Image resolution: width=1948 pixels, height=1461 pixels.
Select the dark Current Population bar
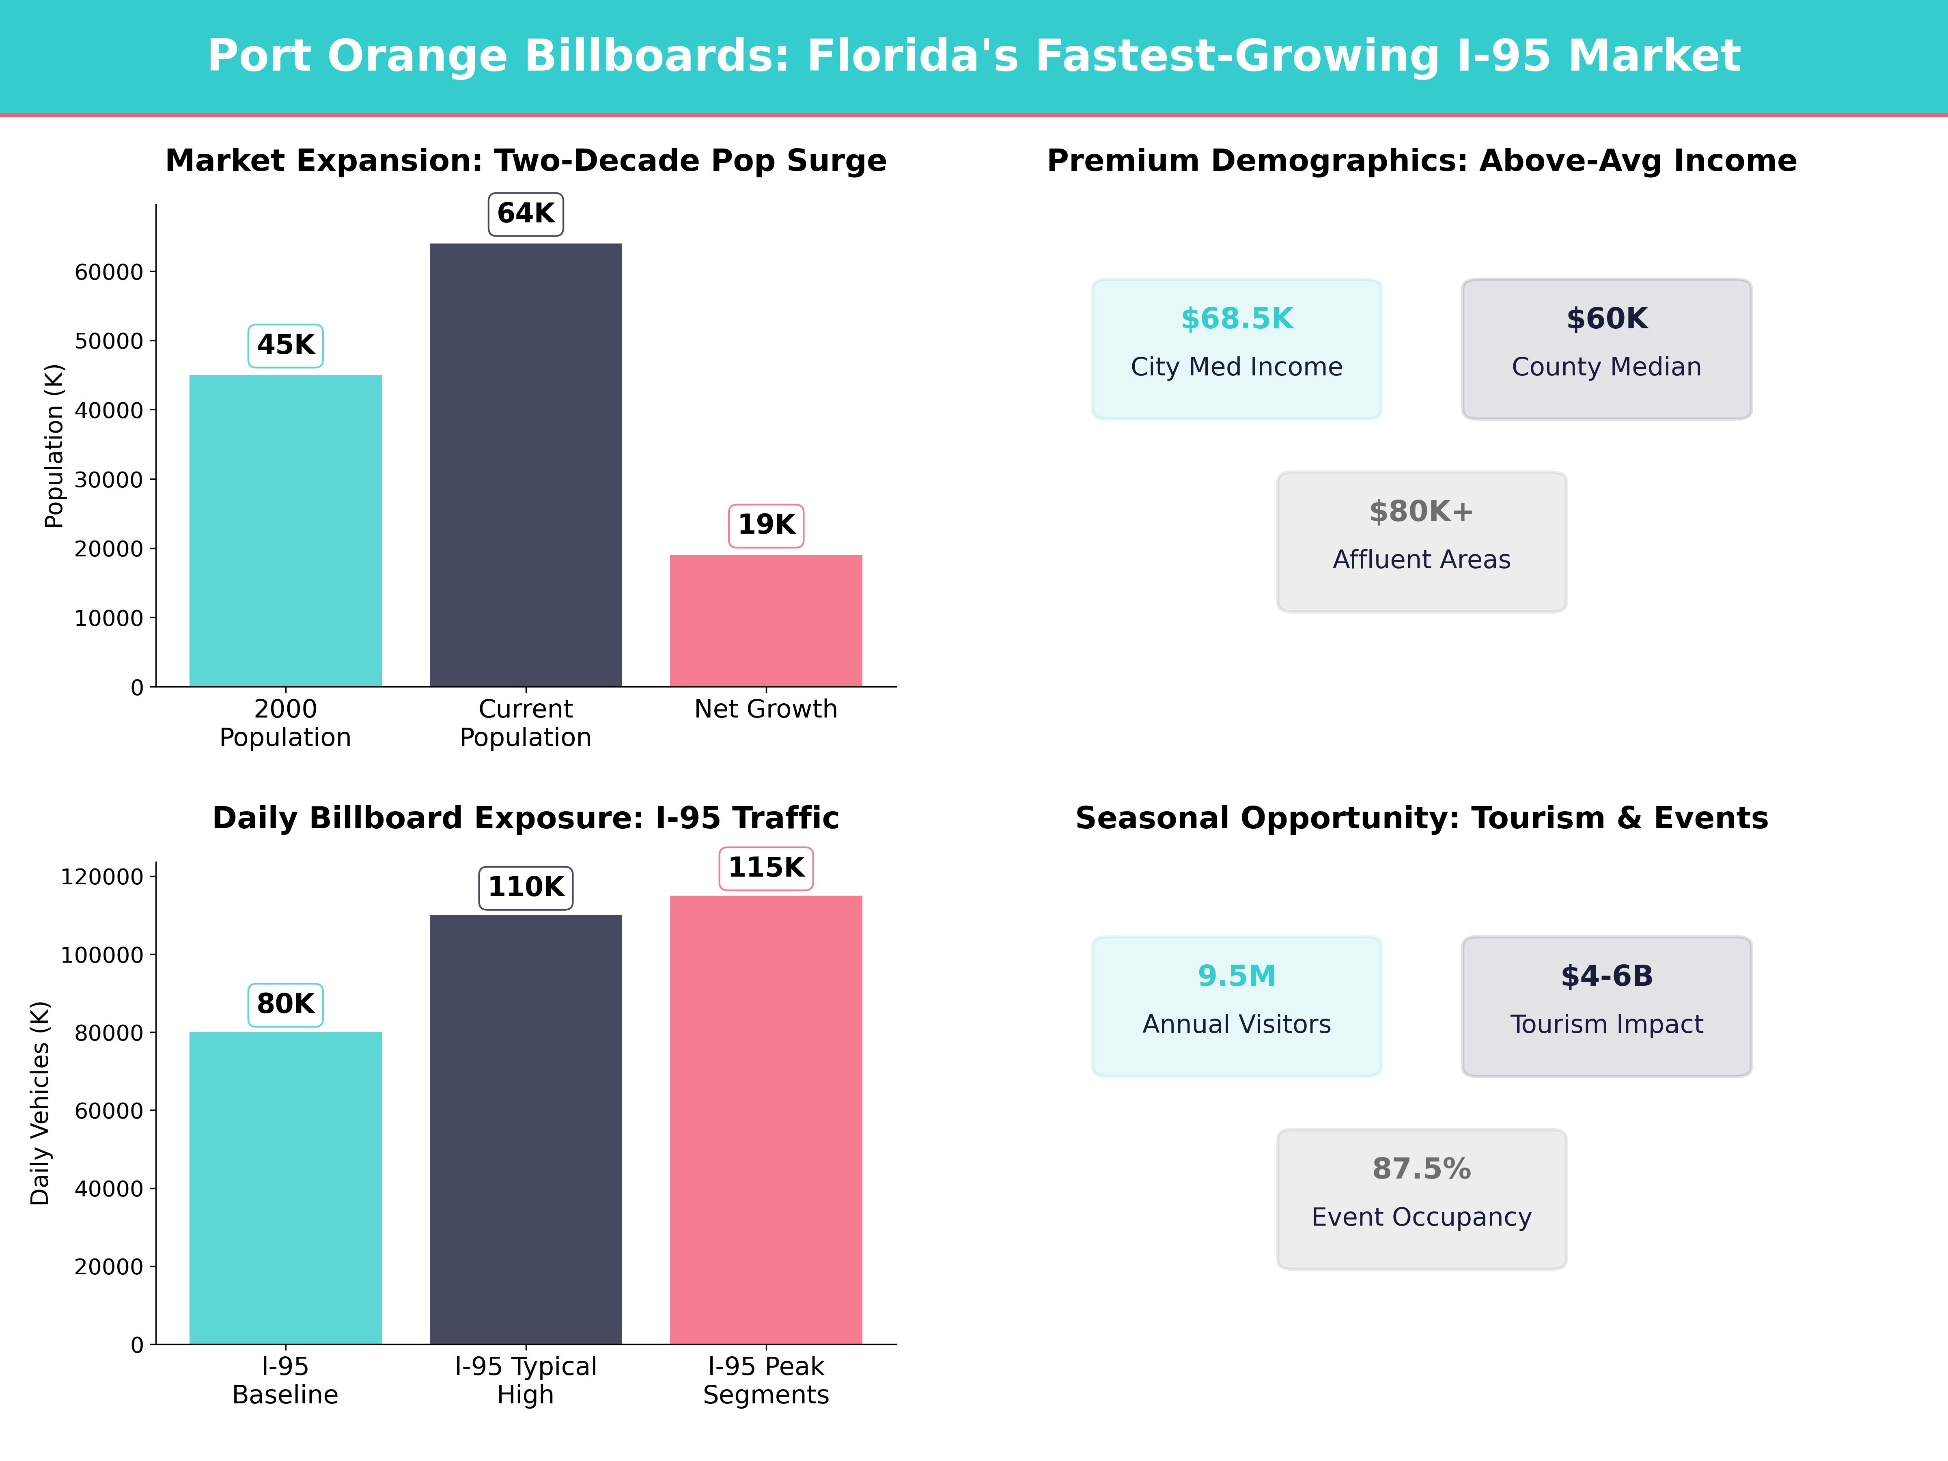click(526, 465)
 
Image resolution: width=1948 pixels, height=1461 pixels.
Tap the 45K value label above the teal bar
click(285, 345)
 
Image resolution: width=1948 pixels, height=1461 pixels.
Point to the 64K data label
click(526, 214)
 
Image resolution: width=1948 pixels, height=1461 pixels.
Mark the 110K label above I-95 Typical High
click(526, 887)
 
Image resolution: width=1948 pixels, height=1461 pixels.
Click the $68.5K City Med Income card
click(1237, 349)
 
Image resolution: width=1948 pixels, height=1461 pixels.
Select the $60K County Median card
click(1606, 349)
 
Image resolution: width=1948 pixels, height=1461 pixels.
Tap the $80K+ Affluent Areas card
click(1421, 542)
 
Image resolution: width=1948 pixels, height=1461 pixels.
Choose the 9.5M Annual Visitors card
click(1237, 1006)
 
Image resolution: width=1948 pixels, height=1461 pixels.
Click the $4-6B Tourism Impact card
click(1606, 1006)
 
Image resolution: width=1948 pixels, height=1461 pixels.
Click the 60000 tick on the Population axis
click(108, 272)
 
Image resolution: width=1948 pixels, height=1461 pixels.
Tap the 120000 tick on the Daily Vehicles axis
click(101, 877)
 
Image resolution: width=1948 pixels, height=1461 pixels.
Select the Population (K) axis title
click(55, 446)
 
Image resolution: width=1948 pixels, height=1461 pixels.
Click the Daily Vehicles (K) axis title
click(40, 1103)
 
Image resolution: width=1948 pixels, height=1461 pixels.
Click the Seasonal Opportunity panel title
click(1421, 818)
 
